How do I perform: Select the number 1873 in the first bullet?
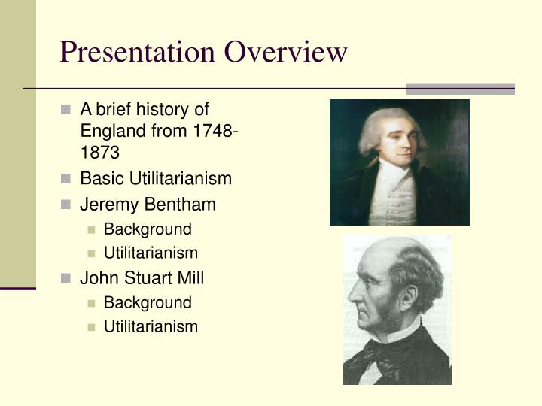(x=99, y=153)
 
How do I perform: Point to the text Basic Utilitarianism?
(x=156, y=179)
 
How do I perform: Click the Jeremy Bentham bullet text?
(x=148, y=204)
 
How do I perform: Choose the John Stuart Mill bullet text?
(x=142, y=277)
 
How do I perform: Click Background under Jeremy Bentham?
(x=148, y=229)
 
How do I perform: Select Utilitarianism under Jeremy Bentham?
(x=151, y=253)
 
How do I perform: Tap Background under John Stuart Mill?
(x=148, y=302)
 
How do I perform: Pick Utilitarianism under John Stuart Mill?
(x=151, y=326)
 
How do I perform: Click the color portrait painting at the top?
(x=399, y=162)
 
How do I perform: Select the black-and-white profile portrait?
(x=397, y=310)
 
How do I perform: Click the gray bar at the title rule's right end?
(x=460, y=89)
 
